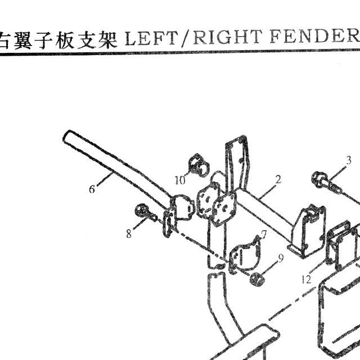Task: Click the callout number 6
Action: [92, 190]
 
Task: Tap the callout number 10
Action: [180, 180]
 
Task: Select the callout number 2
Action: [278, 179]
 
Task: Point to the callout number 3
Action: [349, 160]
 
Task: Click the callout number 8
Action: [129, 234]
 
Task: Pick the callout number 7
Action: [264, 235]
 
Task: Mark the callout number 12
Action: [307, 280]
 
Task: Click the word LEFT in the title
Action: [151, 38]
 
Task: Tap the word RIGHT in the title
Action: [227, 37]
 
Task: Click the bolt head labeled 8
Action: [140, 209]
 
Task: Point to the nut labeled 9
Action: [257, 280]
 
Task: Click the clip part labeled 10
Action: [198, 165]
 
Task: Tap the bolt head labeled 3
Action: [318, 178]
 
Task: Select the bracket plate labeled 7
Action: [245, 256]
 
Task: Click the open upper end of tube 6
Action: [67, 136]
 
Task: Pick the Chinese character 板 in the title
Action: [65, 40]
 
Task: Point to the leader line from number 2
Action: [268, 191]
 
